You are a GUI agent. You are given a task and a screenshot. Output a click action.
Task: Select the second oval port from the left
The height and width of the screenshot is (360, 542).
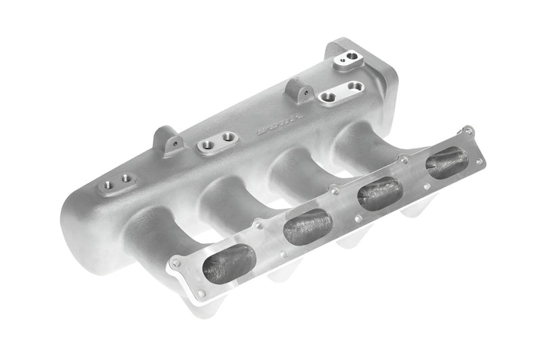click(307, 227)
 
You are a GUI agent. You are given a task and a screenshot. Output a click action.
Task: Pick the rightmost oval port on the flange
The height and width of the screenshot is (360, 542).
click(447, 163)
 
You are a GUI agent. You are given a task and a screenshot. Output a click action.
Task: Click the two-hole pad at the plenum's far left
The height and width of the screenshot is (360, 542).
click(117, 180)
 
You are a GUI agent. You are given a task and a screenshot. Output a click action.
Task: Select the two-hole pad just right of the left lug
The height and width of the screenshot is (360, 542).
click(218, 141)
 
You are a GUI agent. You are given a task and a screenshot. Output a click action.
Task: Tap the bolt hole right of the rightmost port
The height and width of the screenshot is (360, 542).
click(480, 162)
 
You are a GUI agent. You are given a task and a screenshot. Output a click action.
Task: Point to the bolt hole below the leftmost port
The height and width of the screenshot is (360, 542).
click(201, 293)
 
